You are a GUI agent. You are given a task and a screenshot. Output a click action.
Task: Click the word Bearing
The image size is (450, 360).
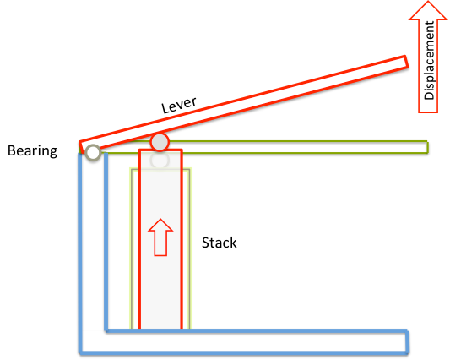[32, 150]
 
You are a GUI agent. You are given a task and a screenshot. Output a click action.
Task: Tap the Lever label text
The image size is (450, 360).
[179, 105]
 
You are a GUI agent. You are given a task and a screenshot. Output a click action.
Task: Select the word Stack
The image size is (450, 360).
[220, 243]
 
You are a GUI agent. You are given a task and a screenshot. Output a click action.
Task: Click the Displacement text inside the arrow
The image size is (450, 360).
[430, 60]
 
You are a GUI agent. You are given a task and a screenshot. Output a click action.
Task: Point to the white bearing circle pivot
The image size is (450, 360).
[93, 153]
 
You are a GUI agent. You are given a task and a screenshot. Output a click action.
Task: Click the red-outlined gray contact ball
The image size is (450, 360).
[160, 142]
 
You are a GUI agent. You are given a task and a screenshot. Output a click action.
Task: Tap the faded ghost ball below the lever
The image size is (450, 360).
[160, 161]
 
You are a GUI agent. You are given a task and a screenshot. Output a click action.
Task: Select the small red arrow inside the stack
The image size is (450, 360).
[160, 237]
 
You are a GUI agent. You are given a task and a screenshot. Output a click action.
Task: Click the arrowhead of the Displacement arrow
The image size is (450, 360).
[428, 10]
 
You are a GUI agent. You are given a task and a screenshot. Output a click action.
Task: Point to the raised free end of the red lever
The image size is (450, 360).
[405, 62]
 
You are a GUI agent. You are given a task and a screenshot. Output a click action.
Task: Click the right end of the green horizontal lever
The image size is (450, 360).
[427, 147]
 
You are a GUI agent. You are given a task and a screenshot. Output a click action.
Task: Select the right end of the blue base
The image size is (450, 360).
[407, 341]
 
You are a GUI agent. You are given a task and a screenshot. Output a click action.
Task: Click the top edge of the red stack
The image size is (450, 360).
[160, 150]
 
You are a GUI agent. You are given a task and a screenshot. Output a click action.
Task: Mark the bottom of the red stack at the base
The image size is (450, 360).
[160, 328]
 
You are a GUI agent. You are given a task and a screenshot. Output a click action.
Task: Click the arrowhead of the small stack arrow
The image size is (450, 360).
[160, 225]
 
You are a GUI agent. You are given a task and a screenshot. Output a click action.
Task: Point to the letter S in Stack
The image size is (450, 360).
[205, 243]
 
